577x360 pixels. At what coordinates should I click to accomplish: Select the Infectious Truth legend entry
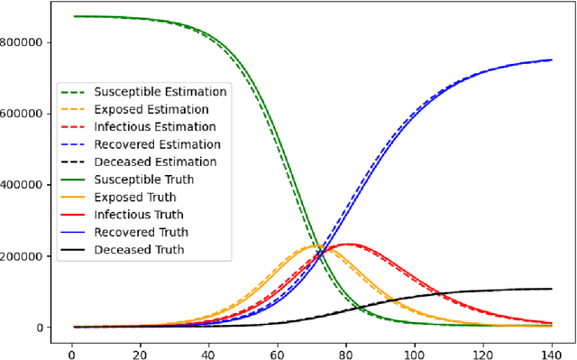point(145,215)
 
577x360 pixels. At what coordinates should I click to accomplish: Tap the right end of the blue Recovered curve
point(552,60)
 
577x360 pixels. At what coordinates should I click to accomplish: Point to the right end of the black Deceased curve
point(552,289)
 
